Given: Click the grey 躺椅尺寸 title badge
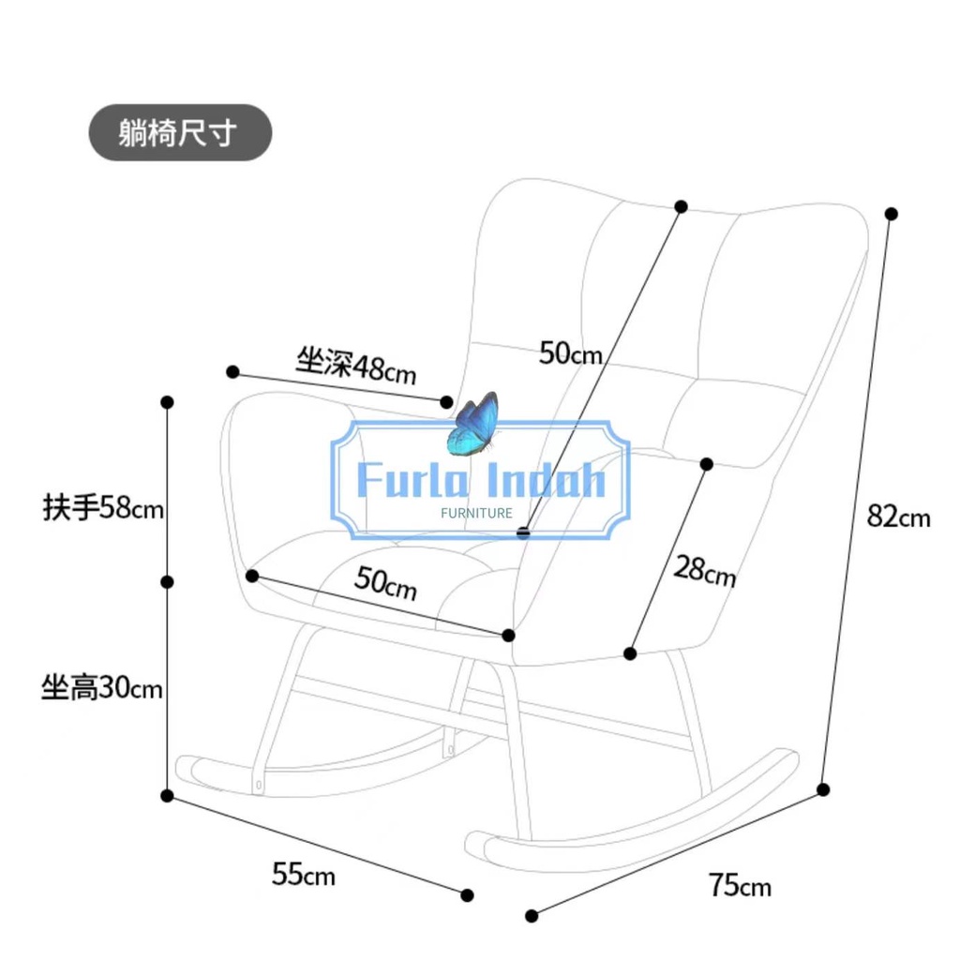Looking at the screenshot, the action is (x=181, y=133).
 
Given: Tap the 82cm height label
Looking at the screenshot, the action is (x=898, y=517).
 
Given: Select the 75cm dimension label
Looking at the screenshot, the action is (x=740, y=885).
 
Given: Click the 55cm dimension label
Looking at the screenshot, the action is (x=304, y=874).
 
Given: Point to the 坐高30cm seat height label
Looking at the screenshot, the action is (x=102, y=687).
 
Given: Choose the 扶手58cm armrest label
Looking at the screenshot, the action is (x=103, y=507).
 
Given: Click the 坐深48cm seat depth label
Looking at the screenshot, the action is (x=355, y=366).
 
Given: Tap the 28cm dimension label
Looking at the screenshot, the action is (x=705, y=571).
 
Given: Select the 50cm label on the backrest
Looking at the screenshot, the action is (x=571, y=353).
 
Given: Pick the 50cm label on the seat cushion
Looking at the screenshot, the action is (x=386, y=583).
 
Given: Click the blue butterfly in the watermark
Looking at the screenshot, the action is (x=473, y=424).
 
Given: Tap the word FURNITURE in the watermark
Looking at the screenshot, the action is (x=476, y=513).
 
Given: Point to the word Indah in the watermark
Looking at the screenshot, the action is (x=545, y=479).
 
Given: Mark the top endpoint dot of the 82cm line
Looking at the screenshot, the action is (x=892, y=214).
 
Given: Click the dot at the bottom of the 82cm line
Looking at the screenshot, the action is (x=823, y=789).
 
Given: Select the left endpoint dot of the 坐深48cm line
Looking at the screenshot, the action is (x=232, y=371).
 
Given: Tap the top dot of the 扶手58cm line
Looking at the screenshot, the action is (x=167, y=402).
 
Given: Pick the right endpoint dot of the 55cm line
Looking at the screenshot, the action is (x=467, y=895).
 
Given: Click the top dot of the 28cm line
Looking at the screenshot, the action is (x=707, y=464).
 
